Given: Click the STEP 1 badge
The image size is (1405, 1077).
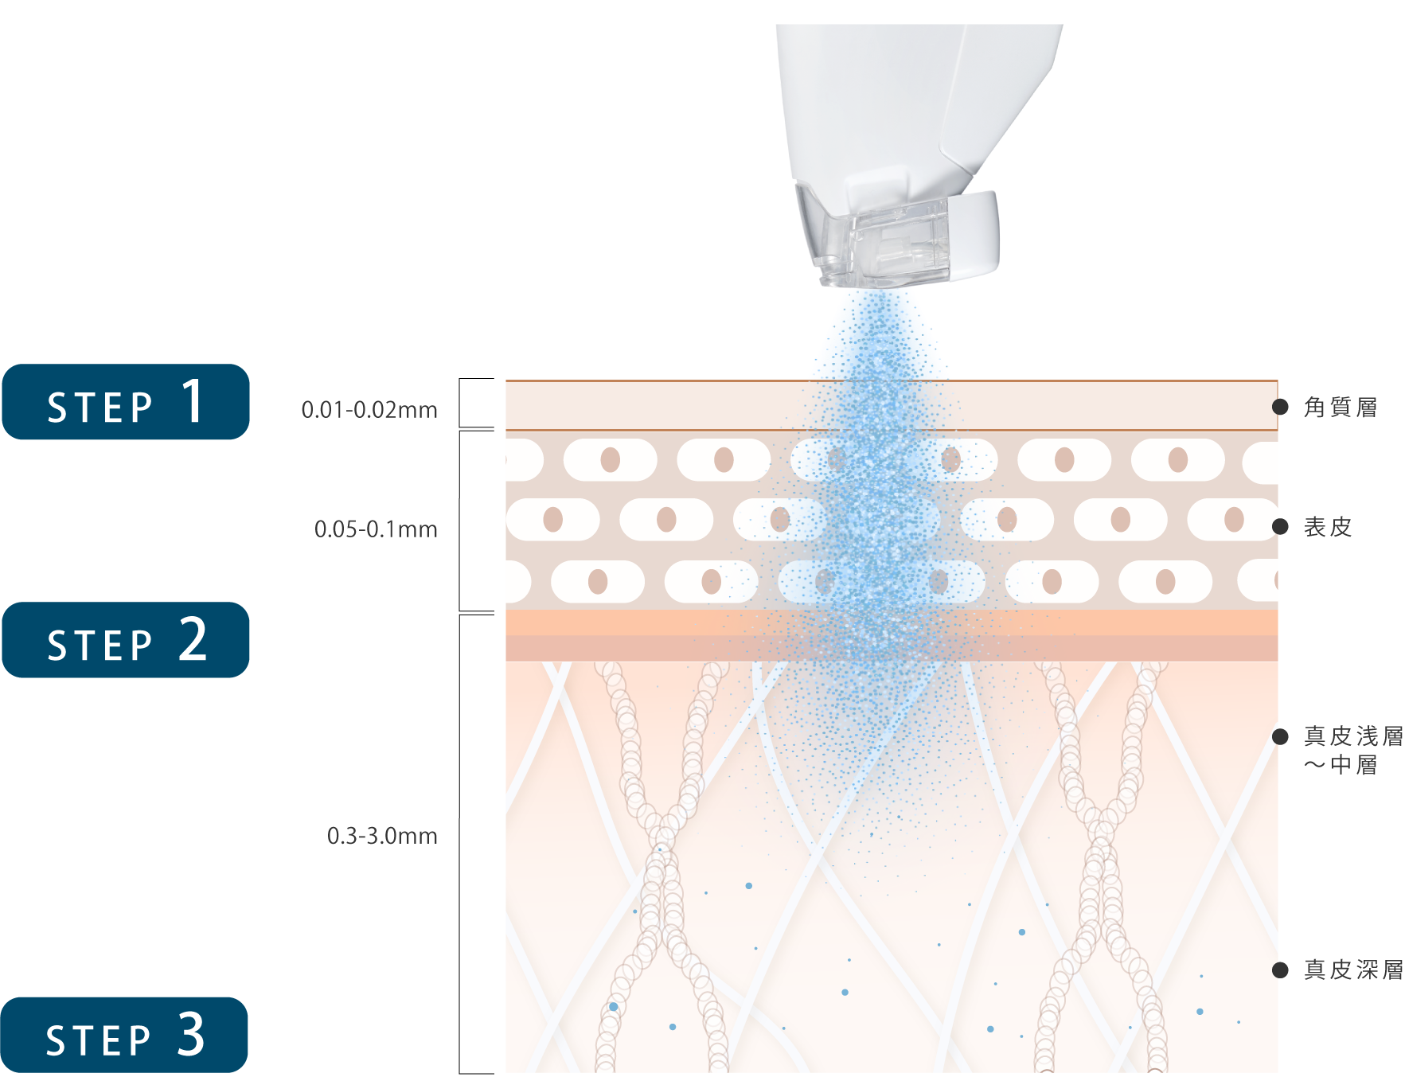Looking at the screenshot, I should [x=126, y=402].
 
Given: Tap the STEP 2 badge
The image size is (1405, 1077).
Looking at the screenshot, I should [x=126, y=640].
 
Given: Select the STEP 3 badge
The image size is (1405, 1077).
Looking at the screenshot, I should [x=124, y=1035].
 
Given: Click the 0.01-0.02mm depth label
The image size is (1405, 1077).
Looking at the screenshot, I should [x=369, y=410].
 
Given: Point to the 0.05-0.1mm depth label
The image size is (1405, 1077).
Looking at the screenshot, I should [x=376, y=529].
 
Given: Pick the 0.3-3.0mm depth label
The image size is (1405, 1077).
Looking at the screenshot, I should [x=382, y=836].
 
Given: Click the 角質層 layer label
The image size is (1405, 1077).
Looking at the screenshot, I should [x=1341, y=408].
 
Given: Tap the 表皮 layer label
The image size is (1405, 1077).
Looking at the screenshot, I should [x=1328, y=527].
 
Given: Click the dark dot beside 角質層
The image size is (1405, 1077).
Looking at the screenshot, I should [x=1281, y=408].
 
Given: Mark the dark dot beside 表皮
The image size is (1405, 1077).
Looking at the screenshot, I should [x=1281, y=527].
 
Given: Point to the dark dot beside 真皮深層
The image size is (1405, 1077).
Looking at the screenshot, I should [x=1281, y=970].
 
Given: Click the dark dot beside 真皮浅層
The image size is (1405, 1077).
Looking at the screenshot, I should [x=1281, y=737].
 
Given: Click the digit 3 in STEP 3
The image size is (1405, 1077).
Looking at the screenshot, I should [x=191, y=1034].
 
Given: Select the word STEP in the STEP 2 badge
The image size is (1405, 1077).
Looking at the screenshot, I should [x=100, y=646].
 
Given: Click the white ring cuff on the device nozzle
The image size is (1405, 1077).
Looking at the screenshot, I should [x=975, y=235].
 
